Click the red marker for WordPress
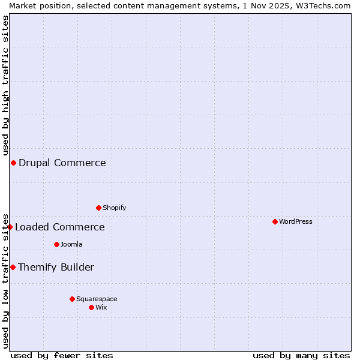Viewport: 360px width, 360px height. [275, 221]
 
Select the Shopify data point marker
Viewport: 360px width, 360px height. [98, 208]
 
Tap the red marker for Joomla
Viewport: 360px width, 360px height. [56, 244]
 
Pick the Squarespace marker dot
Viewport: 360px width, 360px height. [72, 299]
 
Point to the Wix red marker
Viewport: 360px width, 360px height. [91, 307]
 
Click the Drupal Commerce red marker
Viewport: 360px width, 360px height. [13, 163]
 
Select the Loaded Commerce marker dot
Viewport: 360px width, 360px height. [10, 227]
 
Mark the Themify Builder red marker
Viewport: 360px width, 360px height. [13, 267]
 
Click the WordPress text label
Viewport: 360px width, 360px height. [296, 221]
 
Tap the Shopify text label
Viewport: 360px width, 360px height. [114, 208]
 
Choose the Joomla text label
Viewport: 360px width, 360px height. [71, 244]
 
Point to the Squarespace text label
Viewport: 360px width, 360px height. [97, 299]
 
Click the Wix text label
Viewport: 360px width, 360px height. [101, 307]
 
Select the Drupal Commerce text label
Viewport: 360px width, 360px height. [62, 163]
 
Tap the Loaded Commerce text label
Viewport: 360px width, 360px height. [60, 227]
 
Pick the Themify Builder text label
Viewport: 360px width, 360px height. [56, 267]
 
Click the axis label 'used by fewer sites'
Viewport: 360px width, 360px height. [62, 355]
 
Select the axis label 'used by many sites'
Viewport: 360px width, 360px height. [301, 355]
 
